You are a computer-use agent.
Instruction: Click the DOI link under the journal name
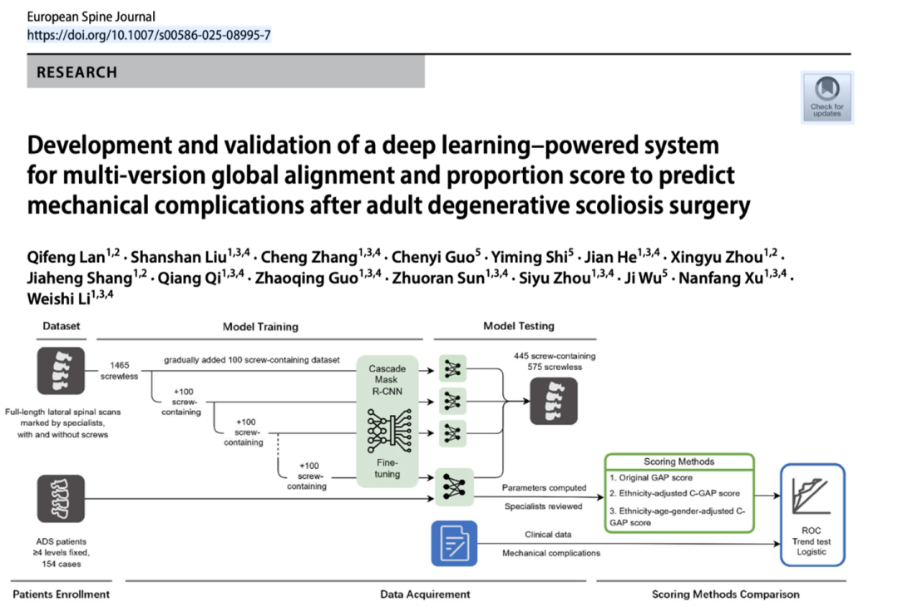149,35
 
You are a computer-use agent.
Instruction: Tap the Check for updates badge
826,97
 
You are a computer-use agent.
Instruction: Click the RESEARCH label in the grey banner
77,72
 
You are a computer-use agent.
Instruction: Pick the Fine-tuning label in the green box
387,467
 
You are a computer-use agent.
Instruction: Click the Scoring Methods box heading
678,461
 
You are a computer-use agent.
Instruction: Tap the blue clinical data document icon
454,544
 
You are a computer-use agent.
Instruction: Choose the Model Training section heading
260,327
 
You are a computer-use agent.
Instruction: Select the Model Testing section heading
518,326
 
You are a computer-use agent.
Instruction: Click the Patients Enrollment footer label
61,594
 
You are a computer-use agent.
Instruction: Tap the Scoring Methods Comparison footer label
725,594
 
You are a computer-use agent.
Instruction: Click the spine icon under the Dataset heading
60,370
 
